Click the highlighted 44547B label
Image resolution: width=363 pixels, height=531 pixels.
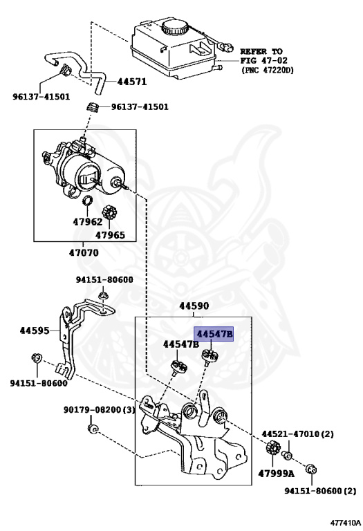coord(215,335)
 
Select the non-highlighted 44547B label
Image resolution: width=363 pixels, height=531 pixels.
coord(181,344)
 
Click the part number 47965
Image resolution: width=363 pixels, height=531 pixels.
coord(110,235)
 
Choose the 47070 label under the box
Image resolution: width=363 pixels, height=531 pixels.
coord(82,252)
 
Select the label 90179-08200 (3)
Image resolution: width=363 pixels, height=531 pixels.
coord(100,409)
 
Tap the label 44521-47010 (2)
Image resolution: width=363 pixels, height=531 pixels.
coord(297,435)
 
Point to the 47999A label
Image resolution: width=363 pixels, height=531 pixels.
coord(277,474)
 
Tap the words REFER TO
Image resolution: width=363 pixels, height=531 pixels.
coord(261,51)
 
